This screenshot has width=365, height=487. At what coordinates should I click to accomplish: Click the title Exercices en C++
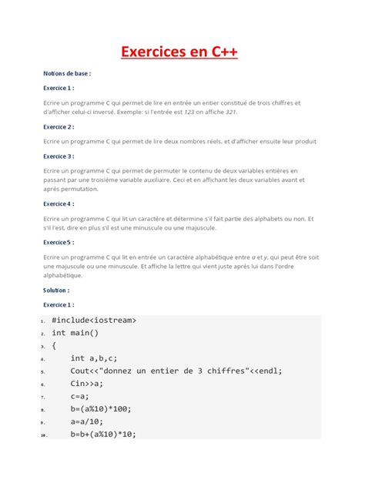[182, 52]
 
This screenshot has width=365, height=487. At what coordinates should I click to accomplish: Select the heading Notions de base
[67, 74]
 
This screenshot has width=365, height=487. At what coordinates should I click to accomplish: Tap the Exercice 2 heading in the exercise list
[59, 126]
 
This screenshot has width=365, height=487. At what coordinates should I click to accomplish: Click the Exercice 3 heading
[59, 156]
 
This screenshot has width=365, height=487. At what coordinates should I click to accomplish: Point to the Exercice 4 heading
[59, 204]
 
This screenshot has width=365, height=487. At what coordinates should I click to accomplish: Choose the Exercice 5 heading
[59, 242]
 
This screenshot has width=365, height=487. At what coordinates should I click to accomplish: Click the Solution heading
[56, 291]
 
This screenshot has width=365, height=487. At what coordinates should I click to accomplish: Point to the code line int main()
[75, 333]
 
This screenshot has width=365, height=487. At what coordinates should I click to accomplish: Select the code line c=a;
[82, 396]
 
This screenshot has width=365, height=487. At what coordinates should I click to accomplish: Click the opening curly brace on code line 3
[54, 346]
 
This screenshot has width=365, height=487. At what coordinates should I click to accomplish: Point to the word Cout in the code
[80, 371]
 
